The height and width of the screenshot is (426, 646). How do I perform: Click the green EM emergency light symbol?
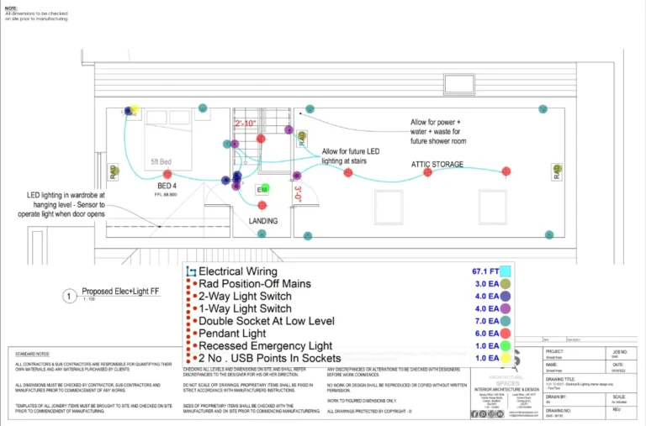tap(265, 188)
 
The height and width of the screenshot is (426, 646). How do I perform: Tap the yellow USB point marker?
tap(135, 110)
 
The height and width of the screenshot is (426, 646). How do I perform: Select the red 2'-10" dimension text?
tap(246, 124)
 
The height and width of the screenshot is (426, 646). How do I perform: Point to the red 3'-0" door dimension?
tap(298, 194)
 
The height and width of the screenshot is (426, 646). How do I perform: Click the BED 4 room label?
tap(167, 185)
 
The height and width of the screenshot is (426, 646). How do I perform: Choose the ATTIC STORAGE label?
tap(436, 165)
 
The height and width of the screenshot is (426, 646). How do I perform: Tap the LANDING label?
tap(263, 221)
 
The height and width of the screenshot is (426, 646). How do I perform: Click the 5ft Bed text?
tap(161, 160)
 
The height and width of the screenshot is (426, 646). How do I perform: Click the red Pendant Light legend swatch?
tap(506, 334)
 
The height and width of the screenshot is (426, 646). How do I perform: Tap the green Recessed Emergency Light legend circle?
tap(506, 345)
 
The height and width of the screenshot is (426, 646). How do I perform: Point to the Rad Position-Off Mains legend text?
tap(254, 284)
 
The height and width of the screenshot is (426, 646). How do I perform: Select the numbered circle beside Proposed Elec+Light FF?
tap(69, 296)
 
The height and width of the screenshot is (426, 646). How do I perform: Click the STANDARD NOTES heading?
tap(32, 355)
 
